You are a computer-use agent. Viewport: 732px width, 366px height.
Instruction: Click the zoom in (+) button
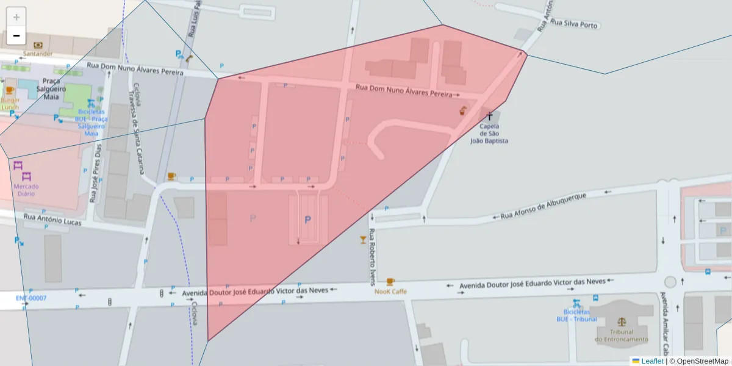click(x=16, y=17)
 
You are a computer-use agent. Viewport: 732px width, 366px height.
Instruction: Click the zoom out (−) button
click(x=16, y=35)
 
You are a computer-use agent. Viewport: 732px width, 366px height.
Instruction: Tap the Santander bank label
click(x=38, y=53)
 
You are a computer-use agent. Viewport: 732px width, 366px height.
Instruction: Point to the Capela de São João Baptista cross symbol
click(x=489, y=115)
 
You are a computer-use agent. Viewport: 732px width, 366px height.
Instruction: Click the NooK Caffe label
click(x=390, y=292)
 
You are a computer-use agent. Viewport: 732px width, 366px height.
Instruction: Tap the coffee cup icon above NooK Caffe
click(x=390, y=281)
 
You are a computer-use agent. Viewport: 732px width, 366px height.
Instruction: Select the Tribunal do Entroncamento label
click(x=622, y=335)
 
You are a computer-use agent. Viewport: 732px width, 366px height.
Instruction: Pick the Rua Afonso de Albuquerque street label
click(x=543, y=207)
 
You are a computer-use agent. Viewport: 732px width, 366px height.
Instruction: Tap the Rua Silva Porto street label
click(x=574, y=24)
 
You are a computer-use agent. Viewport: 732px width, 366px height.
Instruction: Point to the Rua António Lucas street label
click(x=52, y=220)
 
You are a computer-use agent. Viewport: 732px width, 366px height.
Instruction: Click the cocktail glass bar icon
click(x=364, y=239)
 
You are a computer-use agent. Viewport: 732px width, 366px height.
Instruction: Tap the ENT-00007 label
click(x=31, y=298)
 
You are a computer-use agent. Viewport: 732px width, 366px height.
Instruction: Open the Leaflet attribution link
click(x=652, y=361)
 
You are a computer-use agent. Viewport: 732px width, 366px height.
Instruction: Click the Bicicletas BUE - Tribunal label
click(x=576, y=315)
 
